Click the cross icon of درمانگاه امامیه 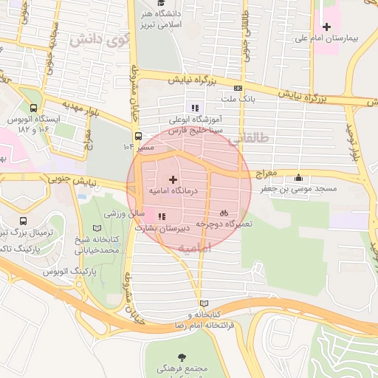click(x=173, y=179)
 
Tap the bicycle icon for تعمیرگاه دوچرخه click(x=224, y=212)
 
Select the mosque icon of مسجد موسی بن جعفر click(x=298, y=177)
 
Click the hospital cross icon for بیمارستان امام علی click(x=327, y=27)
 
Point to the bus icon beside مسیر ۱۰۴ click(x=138, y=135)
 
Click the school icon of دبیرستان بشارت click(x=162, y=216)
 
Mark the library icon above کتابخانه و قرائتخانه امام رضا click(x=204, y=303)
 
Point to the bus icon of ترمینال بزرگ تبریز click(x=24, y=221)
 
